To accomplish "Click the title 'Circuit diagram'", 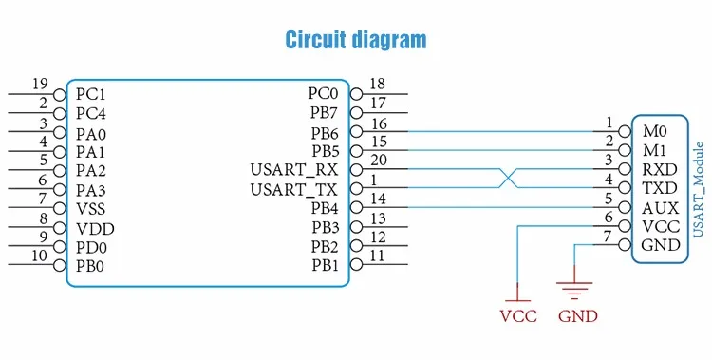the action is pyautogui.click(x=356, y=40).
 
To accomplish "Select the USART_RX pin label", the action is pyautogui.click(x=294, y=170).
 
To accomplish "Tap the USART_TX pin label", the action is pyautogui.click(x=294, y=189).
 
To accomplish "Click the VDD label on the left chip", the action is pyautogui.click(x=95, y=229).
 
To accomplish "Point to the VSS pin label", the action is pyautogui.click(x=91, y=209).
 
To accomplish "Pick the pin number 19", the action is pyautogui.click(x=40, y=84).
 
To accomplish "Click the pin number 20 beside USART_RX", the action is pyautogui.click(x=378, y=160).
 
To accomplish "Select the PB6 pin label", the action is pyautogui.click(x=325, y=133).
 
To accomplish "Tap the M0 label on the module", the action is pyautogui.click(x=654, y=132).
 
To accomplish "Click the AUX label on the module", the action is pyautogui.click(x=660, y=208).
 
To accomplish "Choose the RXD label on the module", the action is pyautogui.click(x=660, y=169).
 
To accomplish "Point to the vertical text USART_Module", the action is pyautogui.click(x=698, y=190).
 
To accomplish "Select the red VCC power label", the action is pyautogui.click(x=518, y=316).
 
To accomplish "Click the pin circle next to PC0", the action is pyautogui.click(x=356, y=95).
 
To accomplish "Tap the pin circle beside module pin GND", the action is pyautogui.click(x=625, y=245).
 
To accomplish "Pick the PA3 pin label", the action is pyautogui.click(x=90, y=190).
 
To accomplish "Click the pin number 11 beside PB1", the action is pyautogui.click(x=377, y=256).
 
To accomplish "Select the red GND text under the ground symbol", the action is pyautogui.click(x=578, y=316).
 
